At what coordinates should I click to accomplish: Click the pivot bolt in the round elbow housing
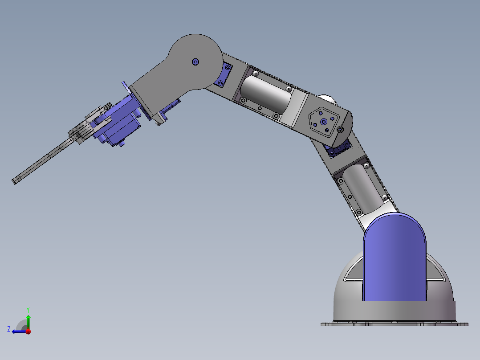tap(195, 62)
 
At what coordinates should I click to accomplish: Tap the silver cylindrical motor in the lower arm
tap(363, 187)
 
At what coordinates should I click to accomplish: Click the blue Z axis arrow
tap(18, 331)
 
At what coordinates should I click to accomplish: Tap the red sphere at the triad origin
tap(28, 331)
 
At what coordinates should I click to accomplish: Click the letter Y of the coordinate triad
tap(28, 309)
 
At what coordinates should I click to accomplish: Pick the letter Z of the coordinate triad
tap(9, 329)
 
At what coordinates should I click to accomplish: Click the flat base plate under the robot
tap(395, 324)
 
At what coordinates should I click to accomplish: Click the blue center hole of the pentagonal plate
tap(324, 121)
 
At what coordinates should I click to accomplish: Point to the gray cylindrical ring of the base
tap(395, 311)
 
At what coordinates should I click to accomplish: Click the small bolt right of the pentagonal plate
tap(341, 130)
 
